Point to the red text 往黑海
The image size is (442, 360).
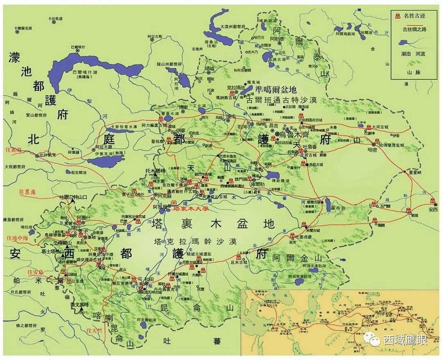click(27, 191)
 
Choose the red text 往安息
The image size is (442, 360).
click(35, 272)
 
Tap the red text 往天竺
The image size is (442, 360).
click(94, 330)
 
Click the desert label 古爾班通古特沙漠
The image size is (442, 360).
click(282, 100)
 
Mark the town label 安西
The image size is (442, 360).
click(433, 209)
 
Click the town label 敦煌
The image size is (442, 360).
click(415, 215)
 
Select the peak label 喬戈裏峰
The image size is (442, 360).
click(79, 305)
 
